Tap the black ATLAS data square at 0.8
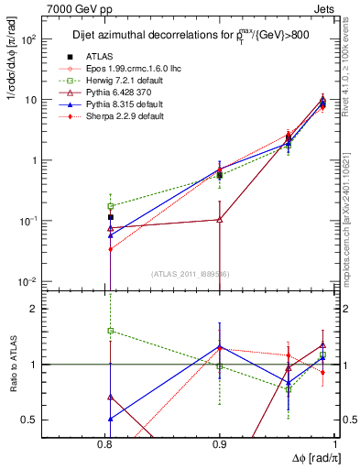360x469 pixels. point(110,218)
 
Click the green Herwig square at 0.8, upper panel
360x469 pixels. point(110,206)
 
